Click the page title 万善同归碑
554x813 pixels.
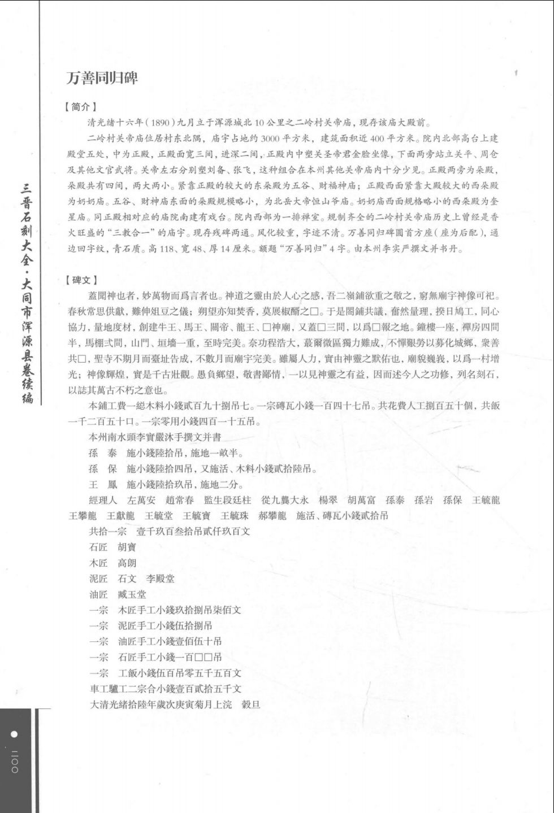[102, 77]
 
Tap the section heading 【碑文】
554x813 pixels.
[81, 280]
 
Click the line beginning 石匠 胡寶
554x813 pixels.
[112, 547]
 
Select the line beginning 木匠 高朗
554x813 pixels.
[112, 563]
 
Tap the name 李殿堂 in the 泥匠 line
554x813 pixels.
[160, 579]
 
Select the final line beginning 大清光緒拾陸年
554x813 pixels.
[175, 705]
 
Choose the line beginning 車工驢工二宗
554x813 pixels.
[166, 689]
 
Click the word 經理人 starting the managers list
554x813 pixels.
[103, 500]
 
